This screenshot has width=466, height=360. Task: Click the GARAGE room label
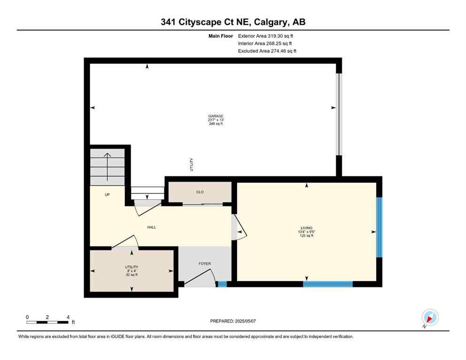pyautogui.click(x=216, y=116)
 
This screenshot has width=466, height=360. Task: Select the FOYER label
pyautogui.click(x=205, y=263)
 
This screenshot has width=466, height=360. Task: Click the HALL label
pyautogui.click(x=152, y=227)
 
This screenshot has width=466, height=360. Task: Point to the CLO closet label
pyautogui.click(x=200, y=192)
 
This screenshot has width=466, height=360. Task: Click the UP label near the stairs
pyautogui.click(x=107, y=195)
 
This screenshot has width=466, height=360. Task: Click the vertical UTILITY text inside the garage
pyautogui.click(x=192, y=165)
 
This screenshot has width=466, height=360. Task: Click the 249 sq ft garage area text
pyautogui.click(x=216, y=124)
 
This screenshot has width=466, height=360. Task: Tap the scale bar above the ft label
pyautogui.click(x=47, y=322)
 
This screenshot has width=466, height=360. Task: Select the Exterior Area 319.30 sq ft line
pyautogui.click(x=266, y=36)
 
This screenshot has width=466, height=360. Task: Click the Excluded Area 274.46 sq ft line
pyautogui.click(x=267, y=51)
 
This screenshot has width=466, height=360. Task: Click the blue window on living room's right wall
pyautogui.click(x=379, y=227)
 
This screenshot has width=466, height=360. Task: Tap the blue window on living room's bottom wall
pyautogui.click(x=328, y=284)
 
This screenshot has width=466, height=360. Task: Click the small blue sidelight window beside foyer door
pyautogui.click(x=222, y=284)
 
